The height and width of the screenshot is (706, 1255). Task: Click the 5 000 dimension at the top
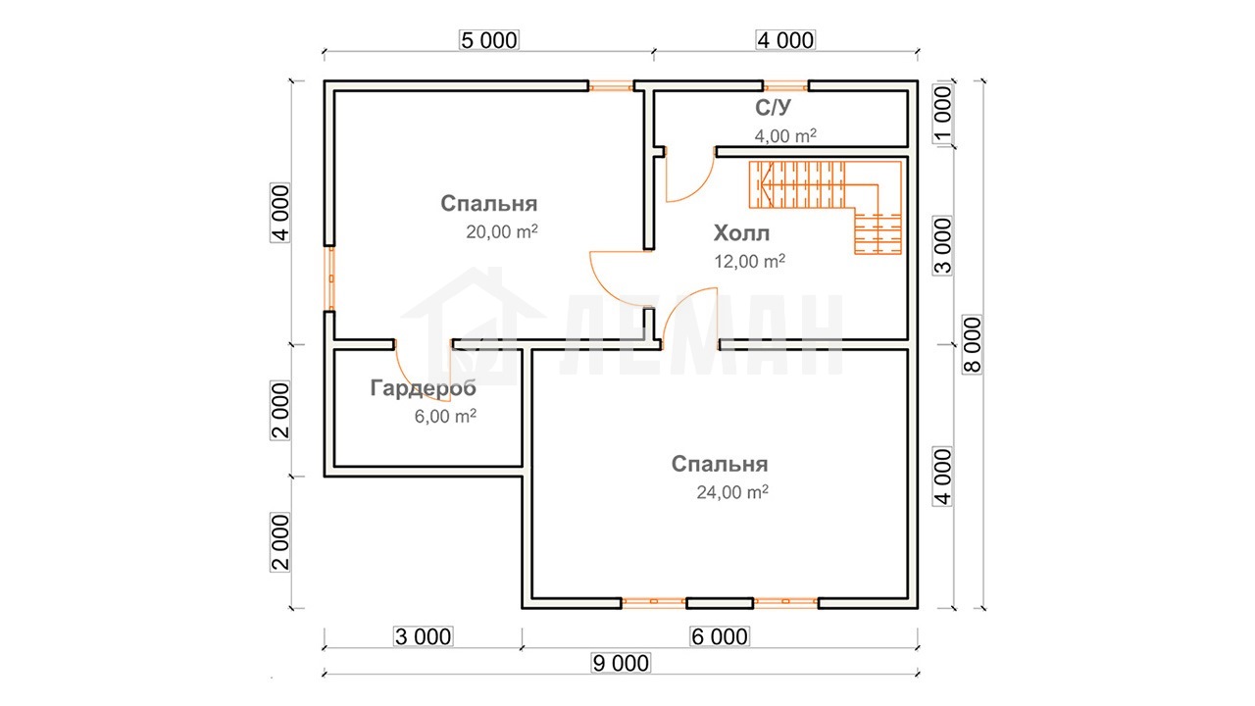click(x=489, y=40)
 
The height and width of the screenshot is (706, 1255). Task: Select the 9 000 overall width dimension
click(x=621, y=664)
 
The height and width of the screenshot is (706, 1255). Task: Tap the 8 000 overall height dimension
click(x=973, y=344)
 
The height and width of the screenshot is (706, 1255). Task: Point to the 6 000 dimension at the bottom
click(x=720, y=637)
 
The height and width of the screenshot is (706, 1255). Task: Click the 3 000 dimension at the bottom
click(x=423, y=637)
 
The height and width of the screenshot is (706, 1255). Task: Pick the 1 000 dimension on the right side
click(x=943, y=114)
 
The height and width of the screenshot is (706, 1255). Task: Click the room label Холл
click(x=741, y=233)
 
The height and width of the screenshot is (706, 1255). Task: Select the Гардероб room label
click(x=423, y=387)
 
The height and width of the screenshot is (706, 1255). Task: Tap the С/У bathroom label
click(x=773, y=107)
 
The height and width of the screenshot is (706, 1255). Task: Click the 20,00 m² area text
click(x=502, y=230)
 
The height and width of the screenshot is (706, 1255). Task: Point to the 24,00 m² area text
click(x=732, y=491)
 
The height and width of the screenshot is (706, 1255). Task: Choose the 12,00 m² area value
click(x=750, y=261)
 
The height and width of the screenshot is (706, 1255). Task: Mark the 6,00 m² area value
click(x=445, y=416)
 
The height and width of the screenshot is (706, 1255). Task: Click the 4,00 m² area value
click(x=785, y=135)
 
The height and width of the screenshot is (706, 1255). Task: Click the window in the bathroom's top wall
click(x=785, y=86)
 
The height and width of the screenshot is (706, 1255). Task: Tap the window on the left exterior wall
click(x=330, y=278)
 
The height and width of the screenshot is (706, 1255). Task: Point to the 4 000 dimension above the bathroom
click(x=785, y=40)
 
